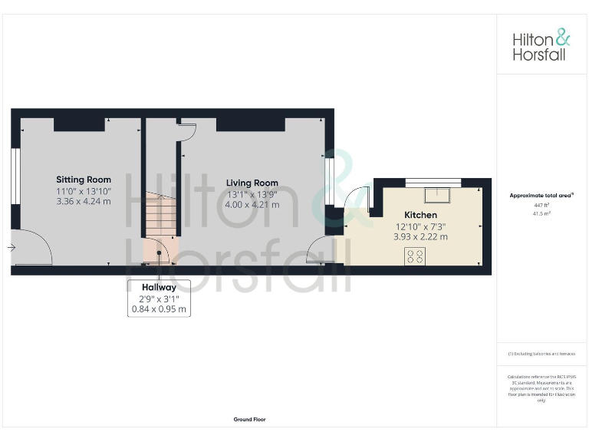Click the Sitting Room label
pyautogui.click(x=84, y=180)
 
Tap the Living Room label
pyautogui.click(x=252, y=183)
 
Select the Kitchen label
pyautogui.click(x=420, y=215)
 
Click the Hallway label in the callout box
pyautogui.click(x=159, y=287)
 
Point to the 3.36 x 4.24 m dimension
pyautogui.click(x=84, y=202)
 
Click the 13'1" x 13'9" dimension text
pyautogui.click(x=252, y=193)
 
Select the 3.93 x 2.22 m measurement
pyautogui.click(x=420, y=237)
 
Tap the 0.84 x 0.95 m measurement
pyautogui.click(x=159, y=309)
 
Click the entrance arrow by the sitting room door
pyautogui.click(x=10, y=247)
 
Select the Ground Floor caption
pyautogui.click(x=250, y=420)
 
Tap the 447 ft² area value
pyautogui.click(x=541, y=206)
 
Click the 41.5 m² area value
pyautogui.click(x=541, y=213)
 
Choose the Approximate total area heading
pyautogui.click(x=541, y=196)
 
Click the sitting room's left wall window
pyautogui.click(x=14, y=188)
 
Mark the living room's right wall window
pyautogui.click(x=328, y=181)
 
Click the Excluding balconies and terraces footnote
pyautogui.click(x=541, y=354)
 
